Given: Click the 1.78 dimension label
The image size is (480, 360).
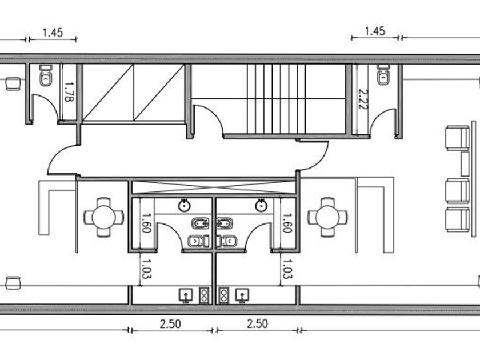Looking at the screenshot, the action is click(69, 92).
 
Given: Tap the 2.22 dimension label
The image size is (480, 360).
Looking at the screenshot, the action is click(363, 99).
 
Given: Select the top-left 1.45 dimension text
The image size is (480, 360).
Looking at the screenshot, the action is click(53, 33).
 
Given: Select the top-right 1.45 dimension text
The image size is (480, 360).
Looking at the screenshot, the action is click(375, 31).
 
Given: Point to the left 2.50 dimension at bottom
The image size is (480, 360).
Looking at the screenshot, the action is click(170, 324).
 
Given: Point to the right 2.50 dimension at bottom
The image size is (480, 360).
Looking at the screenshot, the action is click(258, 323).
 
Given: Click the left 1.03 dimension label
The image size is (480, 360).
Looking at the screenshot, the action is click(146, 269).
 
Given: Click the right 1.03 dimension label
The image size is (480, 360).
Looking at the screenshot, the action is click(287, 269).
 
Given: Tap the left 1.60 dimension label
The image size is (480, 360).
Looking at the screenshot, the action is click(146, 223).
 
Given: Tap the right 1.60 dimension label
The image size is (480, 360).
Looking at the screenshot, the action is click(286, 223).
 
